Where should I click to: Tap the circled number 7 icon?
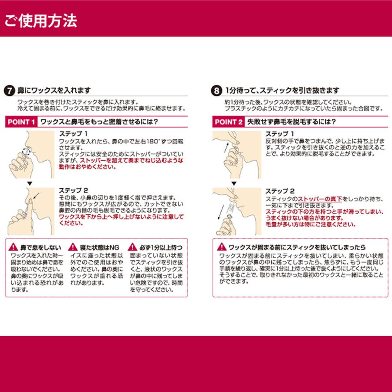coord(9,91)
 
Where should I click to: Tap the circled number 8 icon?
coord(216,91)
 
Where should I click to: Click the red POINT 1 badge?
coord(21,122)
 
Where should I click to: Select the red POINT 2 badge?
coord(228,122)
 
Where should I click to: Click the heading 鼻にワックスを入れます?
coord(53,91)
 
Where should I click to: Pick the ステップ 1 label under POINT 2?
coord(280,133)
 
